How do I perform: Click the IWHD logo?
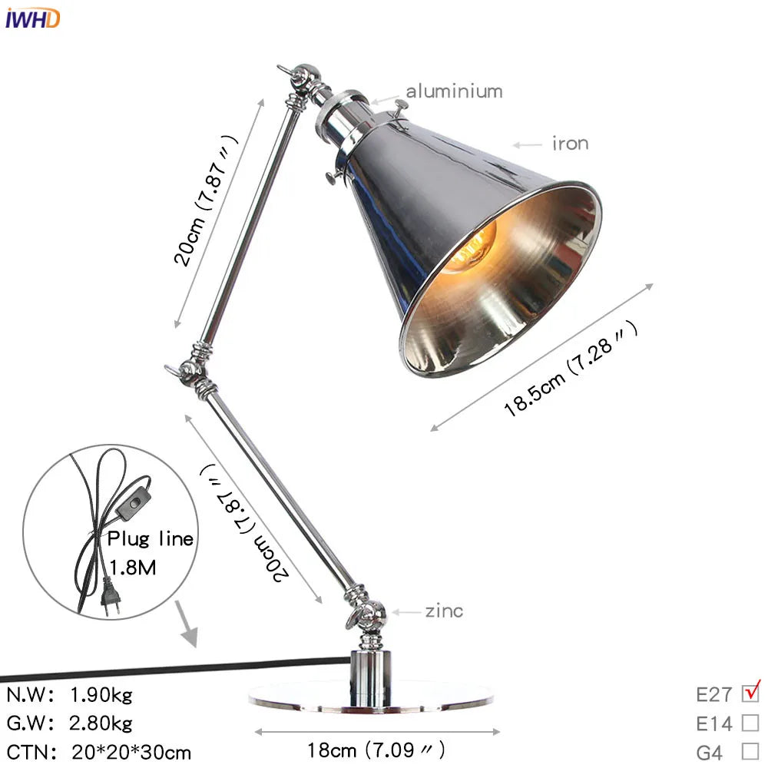(x=31, y=18)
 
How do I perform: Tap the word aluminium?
(x=454, y=91)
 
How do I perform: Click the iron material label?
(x=569, y=144)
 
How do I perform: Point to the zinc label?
(x=444, y=611)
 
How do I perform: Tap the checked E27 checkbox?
(x=750, y=694)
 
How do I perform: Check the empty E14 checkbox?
(x=750, y=723)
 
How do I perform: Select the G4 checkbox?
(x=750, y=751)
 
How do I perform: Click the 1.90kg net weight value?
(x=101, y=695)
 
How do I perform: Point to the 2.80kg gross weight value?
(x=101, y=723)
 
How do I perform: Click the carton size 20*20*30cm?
(x=131, y=752)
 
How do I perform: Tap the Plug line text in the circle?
(x=150, y=538)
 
